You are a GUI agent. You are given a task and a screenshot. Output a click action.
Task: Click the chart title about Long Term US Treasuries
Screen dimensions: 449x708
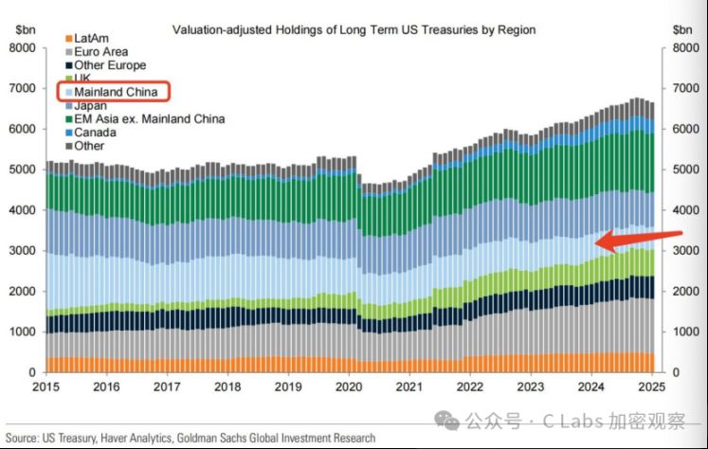click(353, 30)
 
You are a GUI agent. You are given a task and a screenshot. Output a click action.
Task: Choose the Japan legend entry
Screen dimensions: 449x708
click(91, 106)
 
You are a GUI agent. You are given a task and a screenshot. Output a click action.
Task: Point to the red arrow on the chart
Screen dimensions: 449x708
click(636, 239)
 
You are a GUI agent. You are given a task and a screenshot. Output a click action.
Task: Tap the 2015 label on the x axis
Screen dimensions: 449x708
click(45, 387)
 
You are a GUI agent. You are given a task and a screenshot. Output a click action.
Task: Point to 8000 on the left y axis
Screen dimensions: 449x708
click(22, 47)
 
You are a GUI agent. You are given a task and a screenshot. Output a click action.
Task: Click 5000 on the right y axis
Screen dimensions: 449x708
click(686, 170)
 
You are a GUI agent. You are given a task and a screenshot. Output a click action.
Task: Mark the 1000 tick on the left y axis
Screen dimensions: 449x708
click(22, 332)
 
